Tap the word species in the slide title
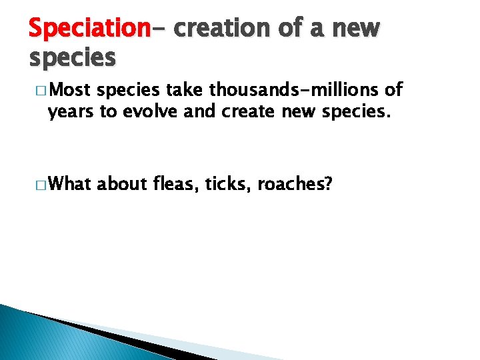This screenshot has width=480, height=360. pos(72,57)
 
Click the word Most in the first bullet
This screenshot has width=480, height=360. pos(71,91)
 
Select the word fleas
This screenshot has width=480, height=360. pos(176,184)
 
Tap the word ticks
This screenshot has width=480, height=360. pos(228,184)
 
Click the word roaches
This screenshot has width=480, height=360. pos(290,184)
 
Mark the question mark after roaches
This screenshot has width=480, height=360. pos(328,184)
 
